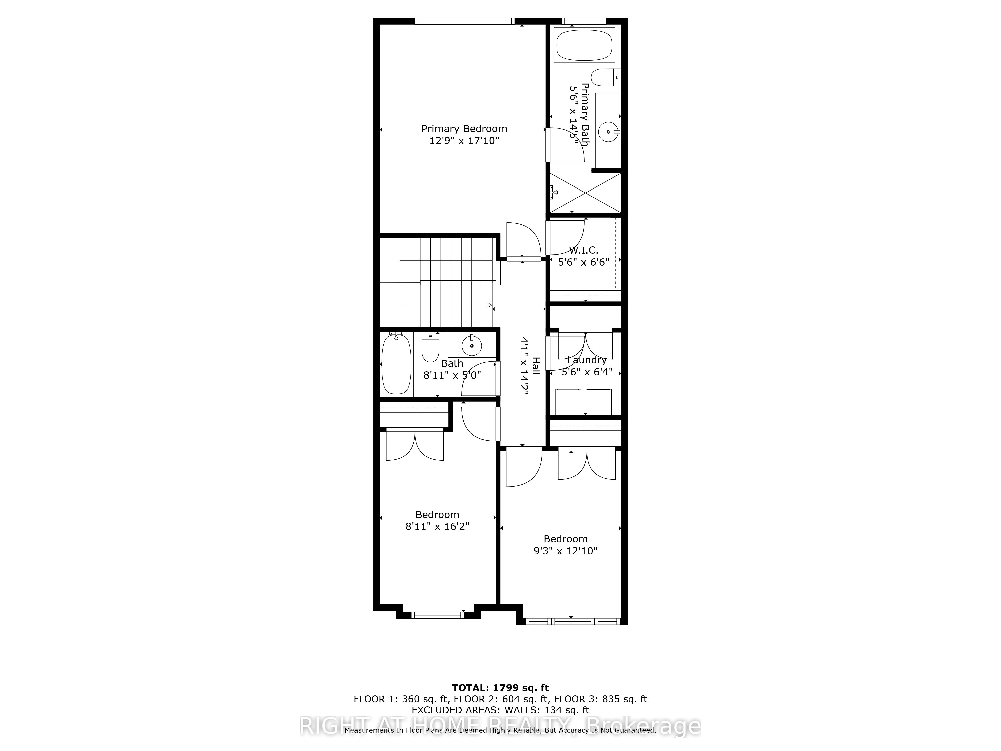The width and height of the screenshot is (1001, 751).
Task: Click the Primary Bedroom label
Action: pos(464,129)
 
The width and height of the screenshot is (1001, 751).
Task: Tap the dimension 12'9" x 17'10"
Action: pos(464,141)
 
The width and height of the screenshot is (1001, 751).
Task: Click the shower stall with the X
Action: pos(586,193)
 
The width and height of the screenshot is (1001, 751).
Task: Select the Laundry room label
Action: pos(587,360)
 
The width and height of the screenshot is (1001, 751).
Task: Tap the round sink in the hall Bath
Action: pos(471,346)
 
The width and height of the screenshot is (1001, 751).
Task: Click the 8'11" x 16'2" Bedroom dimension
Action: pos(437,526)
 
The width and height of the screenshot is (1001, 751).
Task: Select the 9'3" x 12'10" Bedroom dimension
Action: pos(565,551)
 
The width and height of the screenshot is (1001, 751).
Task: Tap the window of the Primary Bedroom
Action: pos(464,21)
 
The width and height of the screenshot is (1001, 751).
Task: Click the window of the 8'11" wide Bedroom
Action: pos(437,615)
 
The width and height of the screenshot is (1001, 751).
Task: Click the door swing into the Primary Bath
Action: pos(566,145)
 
